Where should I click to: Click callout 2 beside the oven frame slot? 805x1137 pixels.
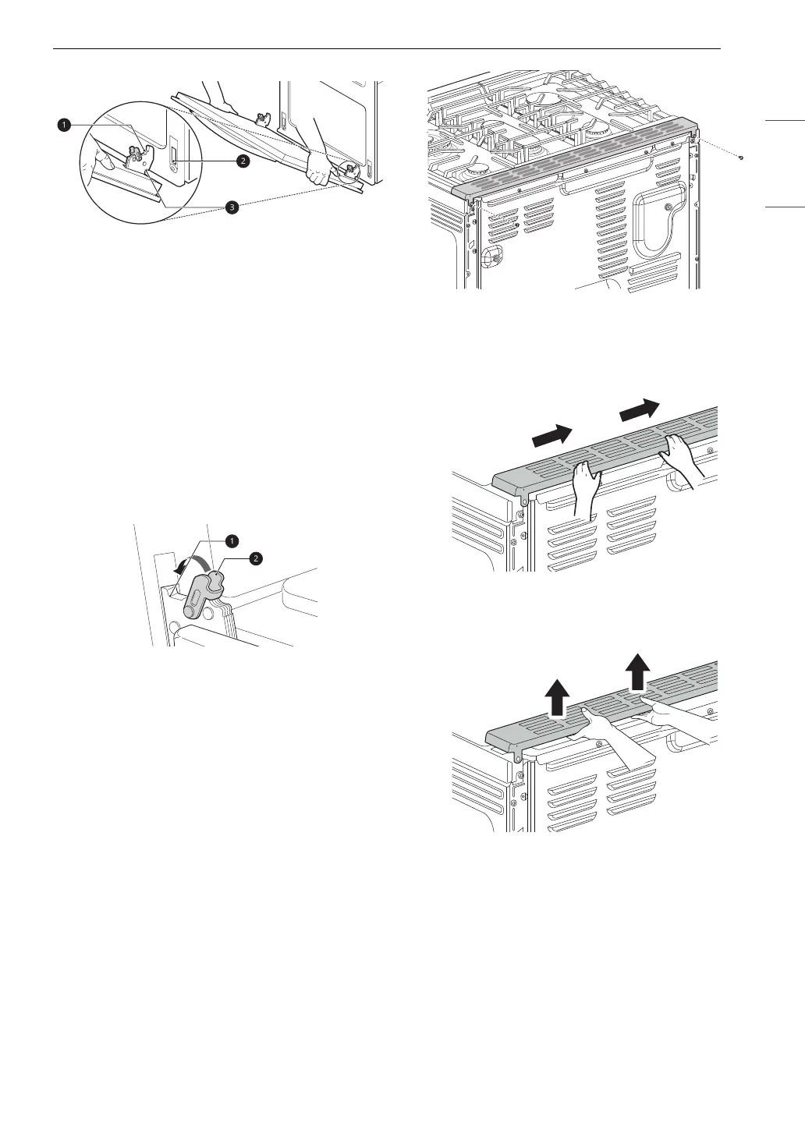243,161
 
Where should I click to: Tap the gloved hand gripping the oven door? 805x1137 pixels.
319,166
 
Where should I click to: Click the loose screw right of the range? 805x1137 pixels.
741,158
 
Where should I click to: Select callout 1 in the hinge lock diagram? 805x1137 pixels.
231,540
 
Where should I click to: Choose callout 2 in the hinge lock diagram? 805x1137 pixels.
255,557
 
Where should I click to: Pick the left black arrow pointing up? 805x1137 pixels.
555,697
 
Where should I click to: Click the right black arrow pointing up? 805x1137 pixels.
638,672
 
